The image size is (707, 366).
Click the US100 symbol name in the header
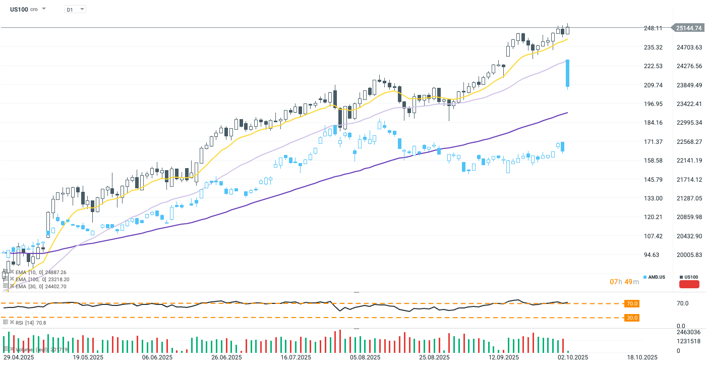click(x=19, y=9)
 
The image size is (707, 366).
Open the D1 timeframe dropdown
click(x=75, y=9)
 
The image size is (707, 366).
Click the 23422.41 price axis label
click(x=689, y=104)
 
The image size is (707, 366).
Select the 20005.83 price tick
click(x=689, y=255)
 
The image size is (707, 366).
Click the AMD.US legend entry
click(x=654, y=277)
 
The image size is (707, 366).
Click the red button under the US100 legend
click(x=689, y=284)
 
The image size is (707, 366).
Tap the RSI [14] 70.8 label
click(x=30, y=322)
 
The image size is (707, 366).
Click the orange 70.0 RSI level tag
click(x=632, y=303)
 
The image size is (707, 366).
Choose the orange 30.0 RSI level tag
click(x=632, y=318)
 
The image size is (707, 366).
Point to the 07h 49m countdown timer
click(x=624, y=281)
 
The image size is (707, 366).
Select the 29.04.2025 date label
click(x=19, y=357)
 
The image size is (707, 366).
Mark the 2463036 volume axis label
click(x=688, y=332)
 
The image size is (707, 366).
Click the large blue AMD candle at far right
click(x=568, y=74)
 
